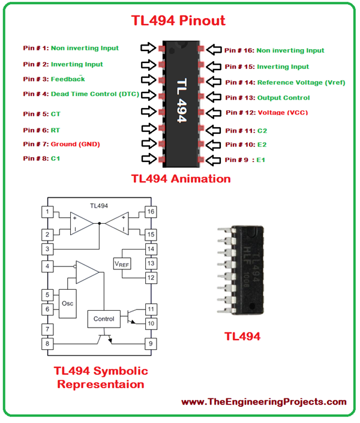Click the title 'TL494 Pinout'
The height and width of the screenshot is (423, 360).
point(178,20)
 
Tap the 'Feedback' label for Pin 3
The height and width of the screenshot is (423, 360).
point(68,79)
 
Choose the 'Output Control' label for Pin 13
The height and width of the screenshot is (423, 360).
point(283,98)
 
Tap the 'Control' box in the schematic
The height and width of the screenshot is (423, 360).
point(104,319)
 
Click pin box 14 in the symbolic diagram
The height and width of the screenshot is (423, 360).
point(151,249)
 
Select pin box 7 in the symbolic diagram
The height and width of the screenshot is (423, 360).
point(46,329)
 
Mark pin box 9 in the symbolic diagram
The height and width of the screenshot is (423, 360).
point(151,344)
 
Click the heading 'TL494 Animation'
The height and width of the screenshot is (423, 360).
point(181,179)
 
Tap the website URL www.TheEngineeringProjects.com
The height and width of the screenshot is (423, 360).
point(264,402)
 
